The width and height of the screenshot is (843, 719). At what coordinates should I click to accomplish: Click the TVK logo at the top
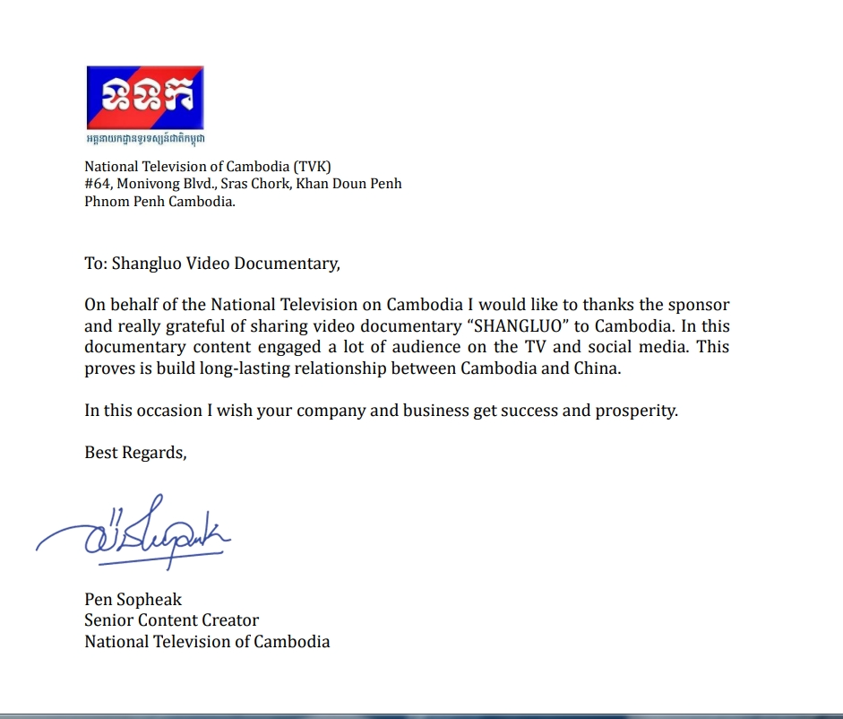point(144,97)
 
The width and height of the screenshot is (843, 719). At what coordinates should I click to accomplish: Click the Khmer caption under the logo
point(144,138)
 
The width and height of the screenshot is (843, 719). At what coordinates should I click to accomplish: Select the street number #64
point(96,184)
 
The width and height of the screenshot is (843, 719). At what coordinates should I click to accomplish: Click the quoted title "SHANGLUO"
point(521,326)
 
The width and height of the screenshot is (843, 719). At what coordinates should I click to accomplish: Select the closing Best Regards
point(135,453)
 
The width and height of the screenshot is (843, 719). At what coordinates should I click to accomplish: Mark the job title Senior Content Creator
point(171,619)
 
